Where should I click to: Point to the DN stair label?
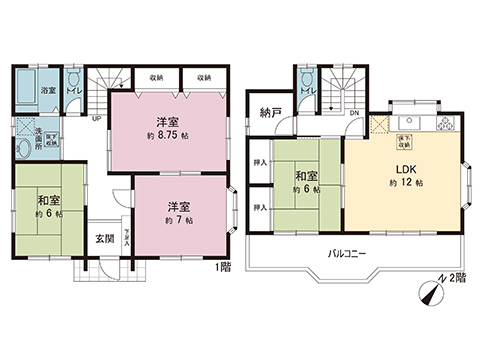(354, 113)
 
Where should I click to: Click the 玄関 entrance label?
(105, 238)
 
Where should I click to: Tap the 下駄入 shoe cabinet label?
(126, 235)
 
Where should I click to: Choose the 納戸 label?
(268, 112)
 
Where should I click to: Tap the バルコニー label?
(346, 253)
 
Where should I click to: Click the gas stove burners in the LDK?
(446, 124)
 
